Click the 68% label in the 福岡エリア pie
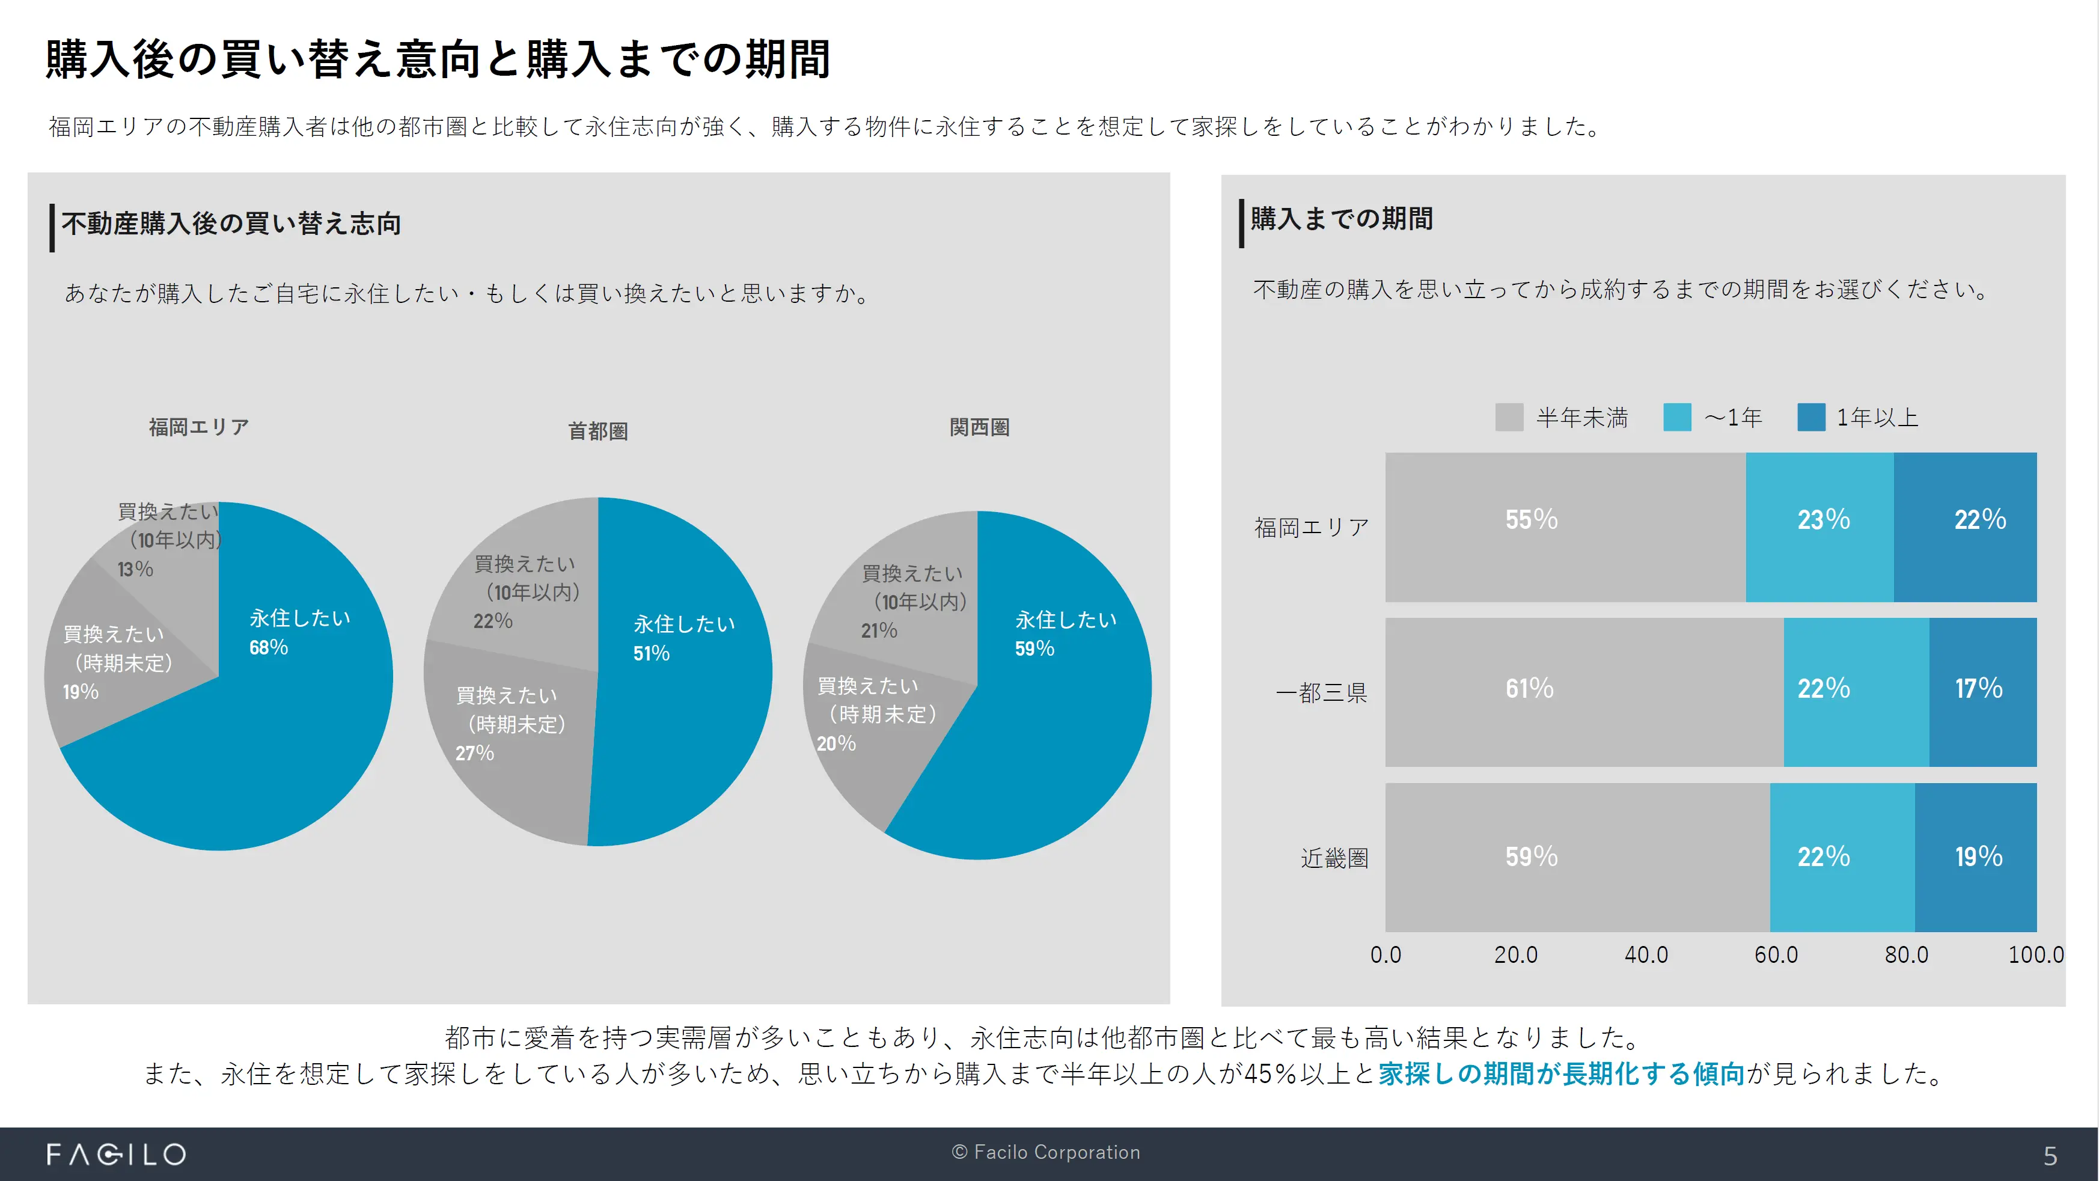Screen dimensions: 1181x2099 269,647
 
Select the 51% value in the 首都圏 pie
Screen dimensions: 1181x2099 651,653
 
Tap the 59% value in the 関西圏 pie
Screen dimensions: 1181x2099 1034,649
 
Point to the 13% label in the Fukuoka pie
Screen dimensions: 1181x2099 135,569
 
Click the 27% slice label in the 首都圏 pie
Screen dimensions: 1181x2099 474,754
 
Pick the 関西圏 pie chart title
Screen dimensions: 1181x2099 979,427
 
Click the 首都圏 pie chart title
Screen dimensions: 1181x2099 598,431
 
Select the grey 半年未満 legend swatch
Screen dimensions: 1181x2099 1509,418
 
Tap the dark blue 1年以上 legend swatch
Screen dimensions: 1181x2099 1810,418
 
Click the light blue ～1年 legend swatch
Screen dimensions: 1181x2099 1677,418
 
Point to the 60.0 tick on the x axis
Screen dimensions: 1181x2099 1776,954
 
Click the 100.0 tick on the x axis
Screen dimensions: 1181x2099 2035,954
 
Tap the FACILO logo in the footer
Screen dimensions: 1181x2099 117,1154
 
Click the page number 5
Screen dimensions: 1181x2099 2050,1156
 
